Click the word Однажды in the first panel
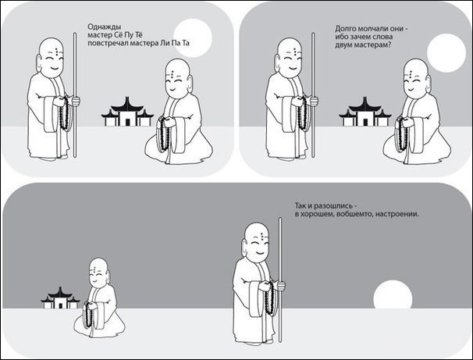click(x=102, y=27)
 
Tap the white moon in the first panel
click(x=193, y=38)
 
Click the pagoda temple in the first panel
click(x=127, y=112)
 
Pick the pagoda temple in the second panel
click(x=365, y=112)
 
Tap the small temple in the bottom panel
click(x=60, y=298)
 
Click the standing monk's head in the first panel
click(x=51, y=57)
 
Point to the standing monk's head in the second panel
click(x=289, y=57)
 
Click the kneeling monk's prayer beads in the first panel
click(x=163, y=134)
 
